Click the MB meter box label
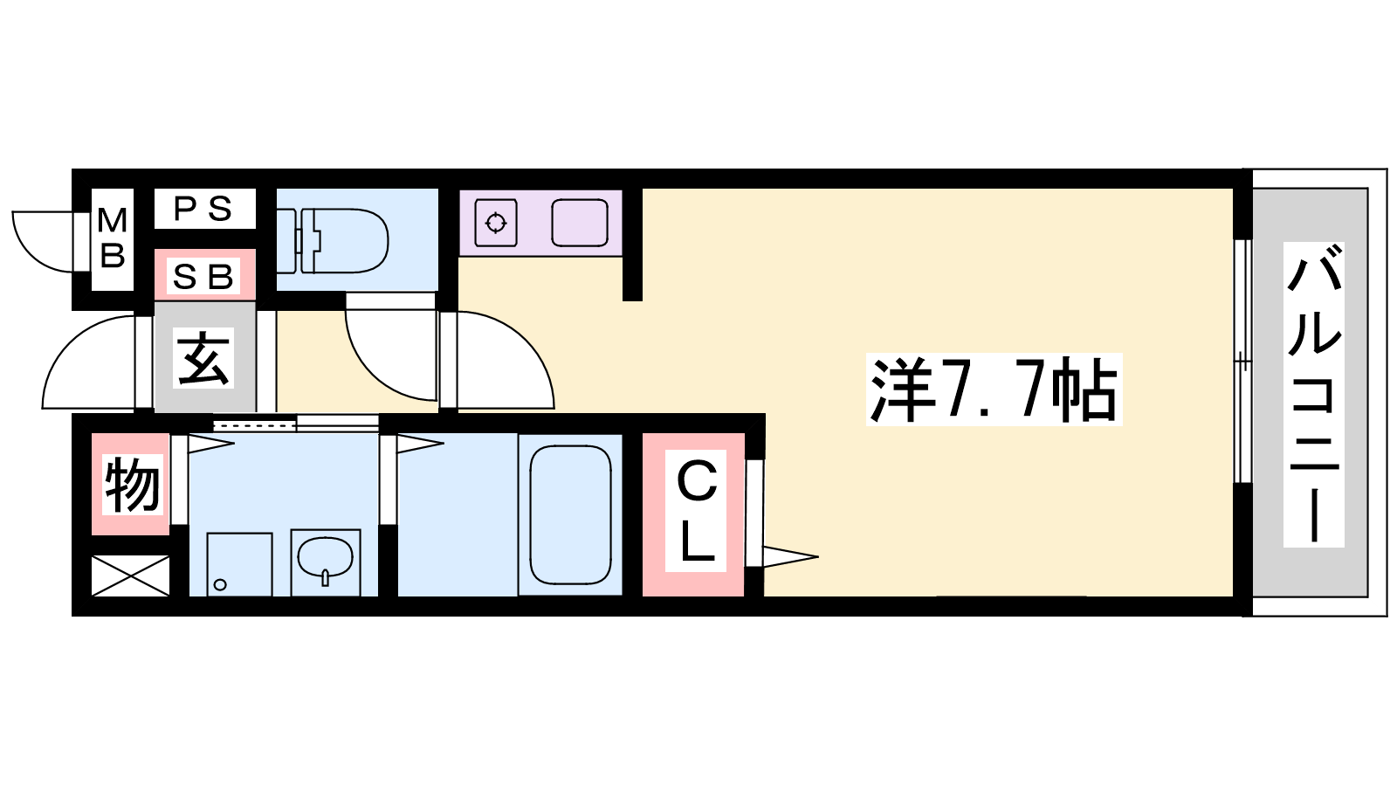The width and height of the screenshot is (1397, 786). click(x=113, y=238)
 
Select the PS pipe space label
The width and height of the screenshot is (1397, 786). click(x=203, y=209)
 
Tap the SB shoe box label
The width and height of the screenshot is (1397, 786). click(x=203, y=276)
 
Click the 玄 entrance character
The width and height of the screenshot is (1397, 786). click(x=203, y=359)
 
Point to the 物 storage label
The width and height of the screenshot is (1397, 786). click(x=132, y=485)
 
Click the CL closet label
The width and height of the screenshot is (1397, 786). click(x=696, y=511)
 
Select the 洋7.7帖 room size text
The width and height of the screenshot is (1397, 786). click(x=994, y=390)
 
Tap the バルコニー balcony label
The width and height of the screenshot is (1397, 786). click(x=1314, y=395)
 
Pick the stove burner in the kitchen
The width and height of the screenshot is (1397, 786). click(x=496, y=223)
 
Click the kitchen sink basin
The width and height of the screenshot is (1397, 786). click(x=580, y=222)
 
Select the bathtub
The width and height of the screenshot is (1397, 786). click(x=570, y=514)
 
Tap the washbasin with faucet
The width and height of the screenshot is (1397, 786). click(x=326, y=557)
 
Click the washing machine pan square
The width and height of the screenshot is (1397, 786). click(x=239, y=564)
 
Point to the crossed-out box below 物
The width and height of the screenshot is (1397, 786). click(x=130, y=576)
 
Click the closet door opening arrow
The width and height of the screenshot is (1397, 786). click(x=790, y=556)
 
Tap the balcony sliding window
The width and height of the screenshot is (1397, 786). click(x=1243, y=362)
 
